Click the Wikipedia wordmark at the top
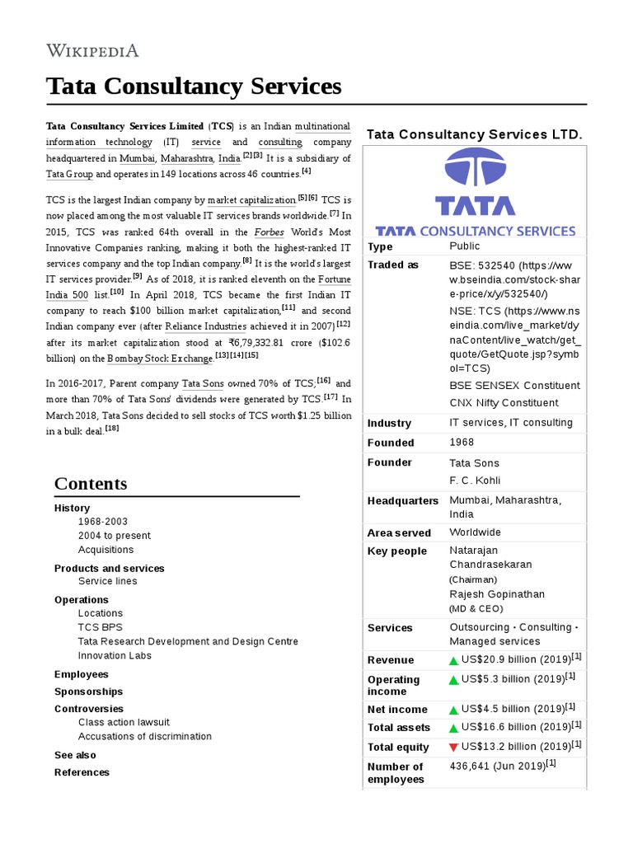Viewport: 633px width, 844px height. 92,50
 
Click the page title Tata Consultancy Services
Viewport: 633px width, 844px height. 193,86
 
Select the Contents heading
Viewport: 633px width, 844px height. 91,484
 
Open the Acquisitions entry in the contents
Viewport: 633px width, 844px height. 105,550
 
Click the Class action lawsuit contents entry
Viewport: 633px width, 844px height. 124,722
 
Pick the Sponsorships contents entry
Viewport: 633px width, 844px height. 88,692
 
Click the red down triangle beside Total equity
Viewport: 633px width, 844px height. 453,747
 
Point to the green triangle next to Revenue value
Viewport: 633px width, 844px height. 453,660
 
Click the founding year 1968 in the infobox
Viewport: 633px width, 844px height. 462,443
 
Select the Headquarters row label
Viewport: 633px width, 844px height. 402,501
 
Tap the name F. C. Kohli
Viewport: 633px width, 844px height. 475,481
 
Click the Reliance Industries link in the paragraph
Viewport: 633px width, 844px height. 207,326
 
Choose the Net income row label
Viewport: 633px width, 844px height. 397,710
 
